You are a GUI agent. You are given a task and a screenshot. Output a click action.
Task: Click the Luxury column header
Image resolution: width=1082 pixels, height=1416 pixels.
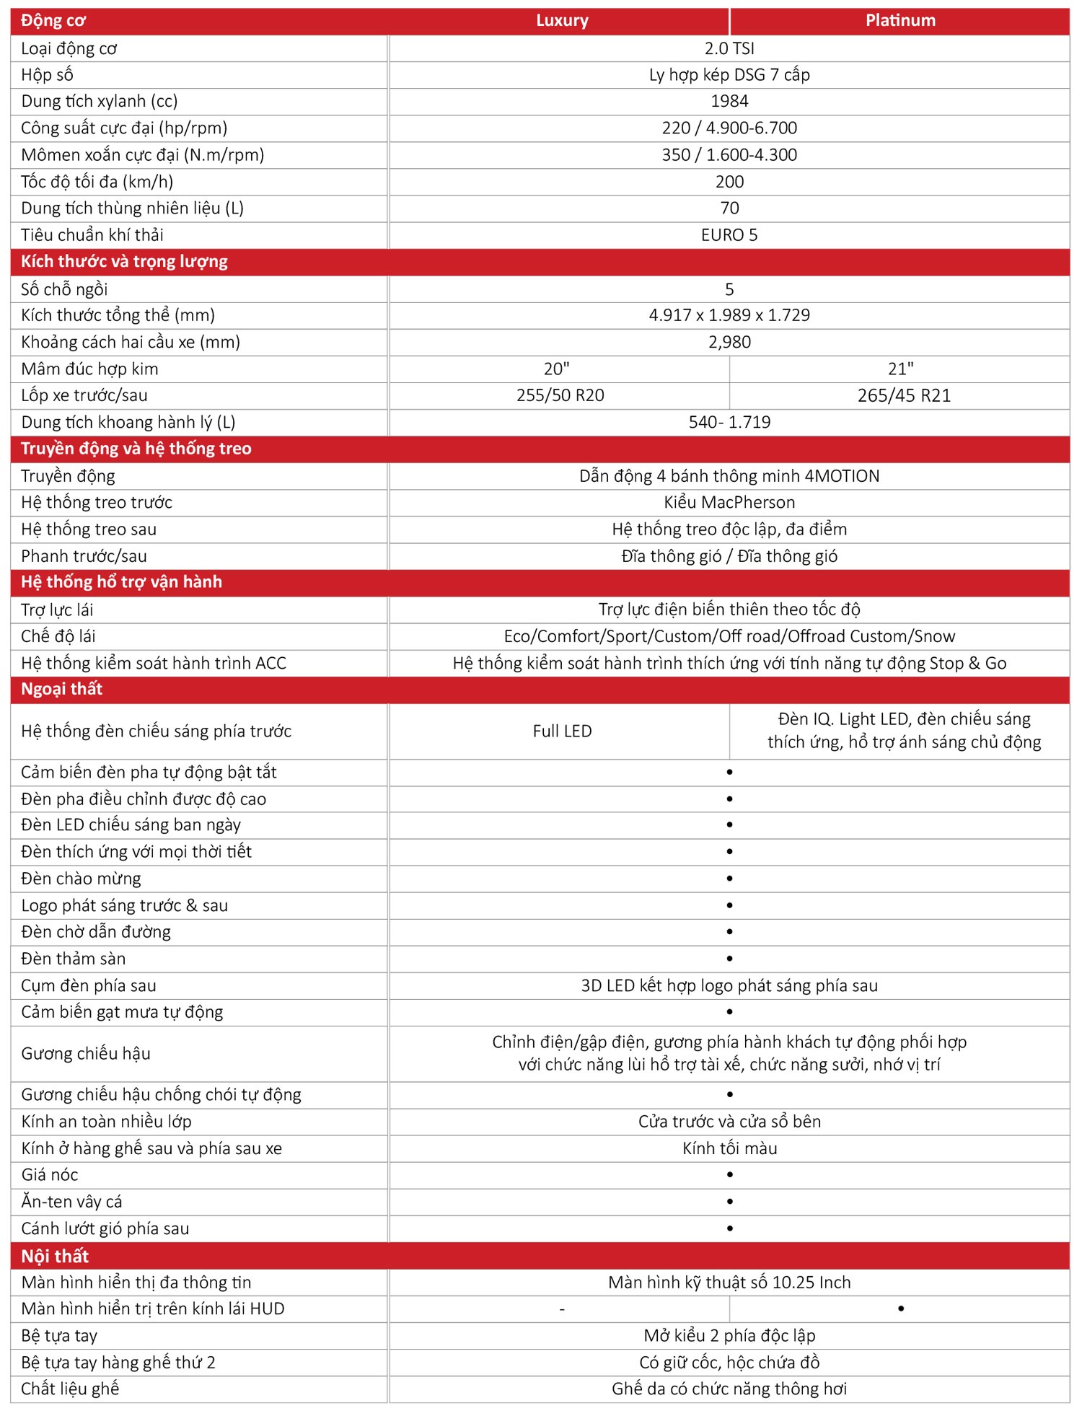(562, 20)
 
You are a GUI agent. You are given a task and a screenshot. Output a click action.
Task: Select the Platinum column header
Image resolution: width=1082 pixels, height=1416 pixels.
(900, 20)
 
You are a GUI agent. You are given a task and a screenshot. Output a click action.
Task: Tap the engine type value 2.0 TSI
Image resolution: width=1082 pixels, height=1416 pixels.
(729, 48)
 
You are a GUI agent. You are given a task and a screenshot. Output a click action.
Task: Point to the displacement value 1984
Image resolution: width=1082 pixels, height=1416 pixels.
(729, 101)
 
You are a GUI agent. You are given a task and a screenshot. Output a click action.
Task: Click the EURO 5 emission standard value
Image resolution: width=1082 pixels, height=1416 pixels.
(729, 234)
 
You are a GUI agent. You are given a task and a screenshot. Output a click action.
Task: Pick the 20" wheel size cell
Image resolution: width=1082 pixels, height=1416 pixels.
(556, 369)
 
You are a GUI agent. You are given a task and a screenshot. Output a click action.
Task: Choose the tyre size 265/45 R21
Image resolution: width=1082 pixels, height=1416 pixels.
(904, 395)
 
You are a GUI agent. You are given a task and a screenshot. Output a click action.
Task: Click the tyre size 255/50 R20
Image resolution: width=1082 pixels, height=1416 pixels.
(560, 395)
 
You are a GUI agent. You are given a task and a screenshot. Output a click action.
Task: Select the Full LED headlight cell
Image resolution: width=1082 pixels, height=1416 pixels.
(562, 731)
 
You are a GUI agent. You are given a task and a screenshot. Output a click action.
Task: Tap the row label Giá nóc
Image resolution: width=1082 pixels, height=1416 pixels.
(50, 1174)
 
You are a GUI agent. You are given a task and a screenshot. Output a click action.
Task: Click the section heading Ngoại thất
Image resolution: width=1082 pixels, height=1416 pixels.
(62, 689)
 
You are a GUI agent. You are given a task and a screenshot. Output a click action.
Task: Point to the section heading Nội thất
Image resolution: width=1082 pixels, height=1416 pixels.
(55, 1256)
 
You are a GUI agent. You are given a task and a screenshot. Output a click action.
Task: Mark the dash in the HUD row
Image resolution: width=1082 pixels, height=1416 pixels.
(562, 1309)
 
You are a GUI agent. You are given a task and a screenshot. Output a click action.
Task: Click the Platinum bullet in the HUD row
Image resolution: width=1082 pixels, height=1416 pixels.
(901, 1309)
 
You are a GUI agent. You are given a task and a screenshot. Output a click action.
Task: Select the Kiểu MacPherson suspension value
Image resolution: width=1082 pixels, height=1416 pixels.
(729, 502)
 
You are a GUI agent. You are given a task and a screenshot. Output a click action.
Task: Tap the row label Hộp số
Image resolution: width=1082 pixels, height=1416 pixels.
(47, 74)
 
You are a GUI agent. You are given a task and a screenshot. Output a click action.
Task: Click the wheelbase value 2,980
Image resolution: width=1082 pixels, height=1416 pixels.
(729, 342)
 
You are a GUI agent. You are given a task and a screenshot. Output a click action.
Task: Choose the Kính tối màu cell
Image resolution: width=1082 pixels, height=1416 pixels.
(729, 1148)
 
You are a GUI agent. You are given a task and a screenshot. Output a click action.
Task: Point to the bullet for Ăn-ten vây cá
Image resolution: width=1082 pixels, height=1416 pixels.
(730, 1202)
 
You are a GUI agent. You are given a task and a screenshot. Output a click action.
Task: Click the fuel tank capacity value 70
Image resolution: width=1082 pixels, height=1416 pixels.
(729, 208)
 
